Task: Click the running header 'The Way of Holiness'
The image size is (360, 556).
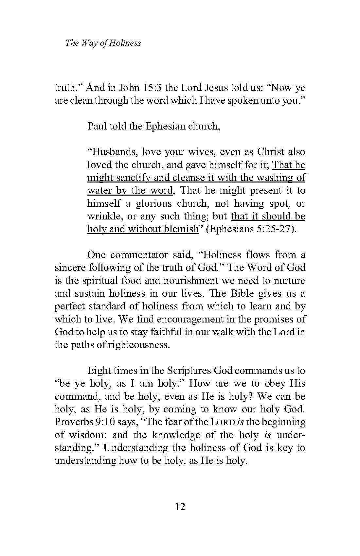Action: (x=103, y=43)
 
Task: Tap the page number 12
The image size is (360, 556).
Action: (x=180, y=507)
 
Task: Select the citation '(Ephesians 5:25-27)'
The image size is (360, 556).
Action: (x=252, y=229)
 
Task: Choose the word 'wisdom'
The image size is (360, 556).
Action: (x=85, y=435)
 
